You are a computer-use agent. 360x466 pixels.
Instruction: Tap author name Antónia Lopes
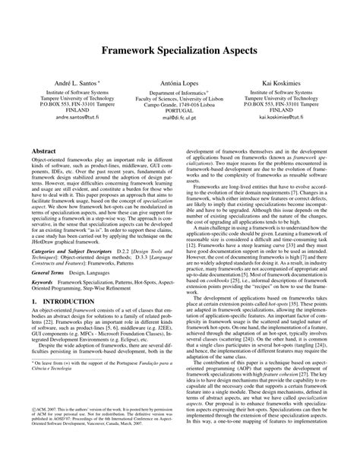[x=180, y=81]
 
